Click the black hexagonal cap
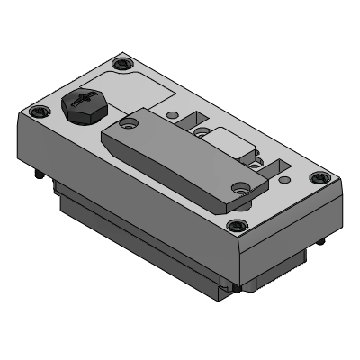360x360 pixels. tap(83, 107)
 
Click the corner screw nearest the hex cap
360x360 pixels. tap(37, 112)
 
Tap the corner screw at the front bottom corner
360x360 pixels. tap(237, 226)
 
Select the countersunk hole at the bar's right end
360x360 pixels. tap(240, 187)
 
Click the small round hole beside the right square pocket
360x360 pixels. tap(258, 165)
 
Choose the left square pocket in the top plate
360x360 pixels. tap(191, 119)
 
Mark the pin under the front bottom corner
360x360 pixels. tap(235, 287)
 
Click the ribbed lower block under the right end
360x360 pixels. tap(279, 270)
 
